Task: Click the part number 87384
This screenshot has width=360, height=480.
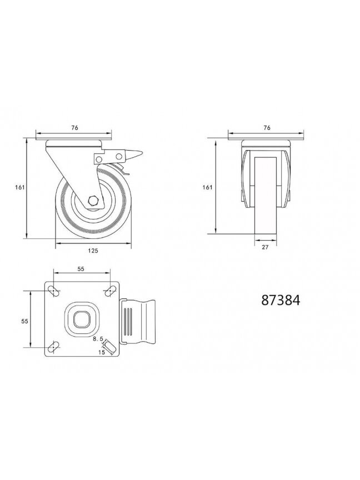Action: (281, 301)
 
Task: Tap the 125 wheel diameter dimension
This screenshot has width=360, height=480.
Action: (93, 251)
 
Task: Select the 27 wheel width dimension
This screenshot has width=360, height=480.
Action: (265, 247)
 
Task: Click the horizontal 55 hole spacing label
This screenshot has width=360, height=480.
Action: (81, 269)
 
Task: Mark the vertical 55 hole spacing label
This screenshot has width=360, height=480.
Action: (25, 321)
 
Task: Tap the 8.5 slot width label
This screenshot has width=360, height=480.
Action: (98, 339)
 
